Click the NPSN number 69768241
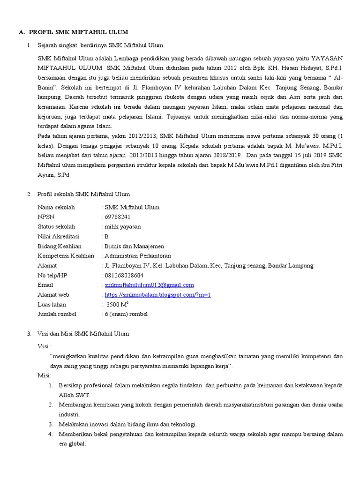coord(118,217)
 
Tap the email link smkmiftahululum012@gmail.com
coord(149,285)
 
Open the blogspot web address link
coord(158,294)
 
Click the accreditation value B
coord(106,236)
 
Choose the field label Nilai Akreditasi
coord(59,236)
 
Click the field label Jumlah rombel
coord(57,314)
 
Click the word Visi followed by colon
coord(45,346)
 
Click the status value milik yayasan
coord(123,226)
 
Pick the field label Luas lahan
coord(52,304)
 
